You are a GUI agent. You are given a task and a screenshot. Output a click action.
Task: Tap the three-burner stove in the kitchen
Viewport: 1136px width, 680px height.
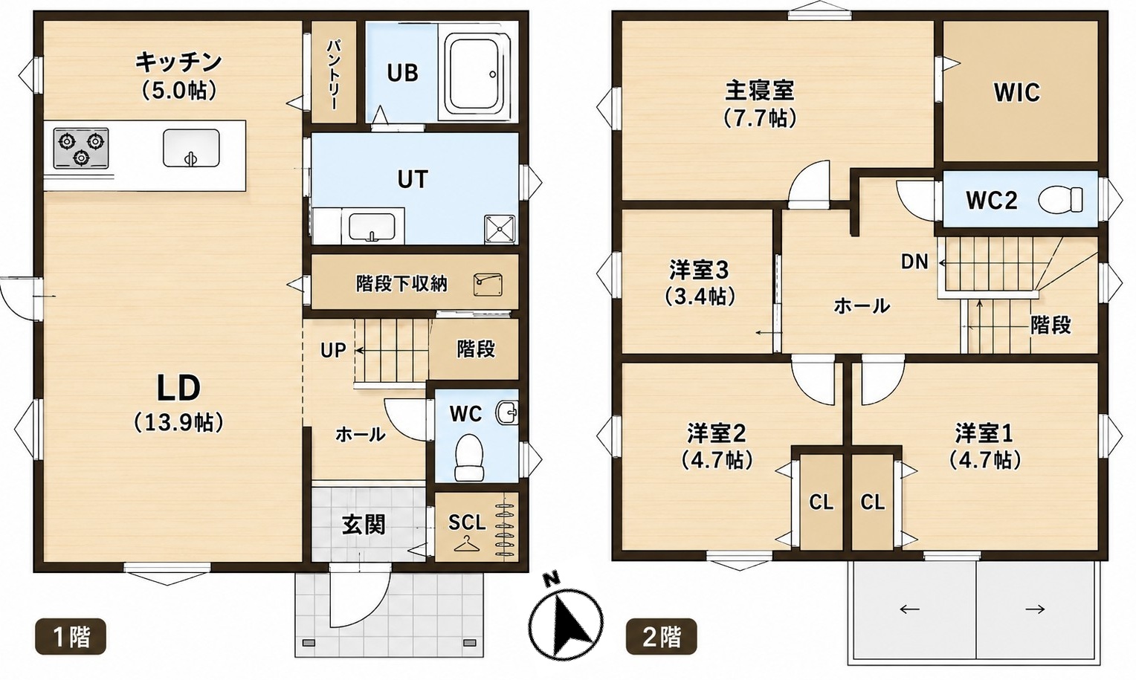80,148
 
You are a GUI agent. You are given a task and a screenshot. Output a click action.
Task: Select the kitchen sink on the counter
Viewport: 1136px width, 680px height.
191,148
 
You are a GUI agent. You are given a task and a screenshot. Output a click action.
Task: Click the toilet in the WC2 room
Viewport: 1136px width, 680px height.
1060,199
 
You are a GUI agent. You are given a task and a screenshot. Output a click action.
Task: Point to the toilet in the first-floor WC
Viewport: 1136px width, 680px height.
468,457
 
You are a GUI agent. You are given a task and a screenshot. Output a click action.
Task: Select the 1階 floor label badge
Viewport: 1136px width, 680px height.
71,637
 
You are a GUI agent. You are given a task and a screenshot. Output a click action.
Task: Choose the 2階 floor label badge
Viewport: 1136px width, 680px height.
662,637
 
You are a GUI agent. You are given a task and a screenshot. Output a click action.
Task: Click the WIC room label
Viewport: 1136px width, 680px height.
1016,92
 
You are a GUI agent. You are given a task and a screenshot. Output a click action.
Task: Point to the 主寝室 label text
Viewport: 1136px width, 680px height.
759,91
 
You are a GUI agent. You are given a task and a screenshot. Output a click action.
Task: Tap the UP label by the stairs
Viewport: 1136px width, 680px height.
332,350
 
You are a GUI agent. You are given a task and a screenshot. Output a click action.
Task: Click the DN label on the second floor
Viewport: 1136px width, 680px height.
914,262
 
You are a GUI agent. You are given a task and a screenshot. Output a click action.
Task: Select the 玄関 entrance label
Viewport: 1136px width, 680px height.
364,525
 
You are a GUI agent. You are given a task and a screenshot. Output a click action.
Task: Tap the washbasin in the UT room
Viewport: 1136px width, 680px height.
372,227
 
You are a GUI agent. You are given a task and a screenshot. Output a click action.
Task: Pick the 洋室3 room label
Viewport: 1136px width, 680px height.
699,270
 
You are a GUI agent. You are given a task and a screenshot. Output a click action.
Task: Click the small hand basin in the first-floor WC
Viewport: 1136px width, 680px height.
507,413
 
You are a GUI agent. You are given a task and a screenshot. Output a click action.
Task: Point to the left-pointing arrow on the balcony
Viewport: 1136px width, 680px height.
909,609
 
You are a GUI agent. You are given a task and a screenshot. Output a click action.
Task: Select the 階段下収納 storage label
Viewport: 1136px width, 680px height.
401,284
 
